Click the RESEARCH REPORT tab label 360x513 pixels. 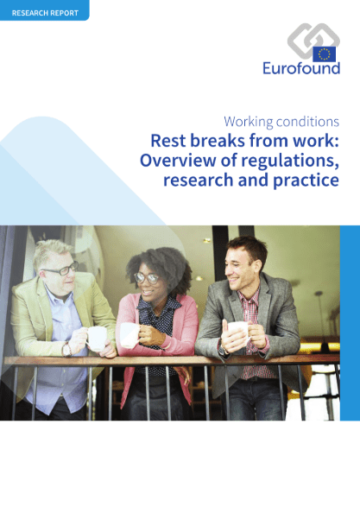tap(45, 13)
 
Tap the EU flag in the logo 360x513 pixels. tap(324, 54)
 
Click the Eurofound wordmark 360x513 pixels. tap(301, 68)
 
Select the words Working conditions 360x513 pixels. tap(281, 122)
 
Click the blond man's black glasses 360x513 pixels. tap(60, 269)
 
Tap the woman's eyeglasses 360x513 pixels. tap(147, 278)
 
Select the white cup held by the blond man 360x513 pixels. tap(96, 338)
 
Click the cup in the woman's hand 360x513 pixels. tap(129, 335)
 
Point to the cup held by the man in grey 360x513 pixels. tap(239, 331)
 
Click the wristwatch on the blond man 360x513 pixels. tap(66, 350)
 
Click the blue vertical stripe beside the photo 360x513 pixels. tap(350, 323)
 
